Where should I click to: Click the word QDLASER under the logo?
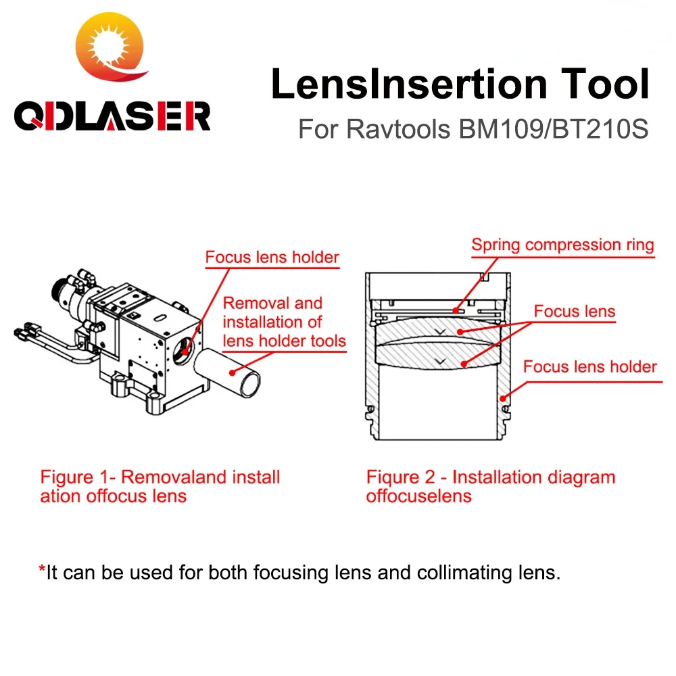click(112, 116)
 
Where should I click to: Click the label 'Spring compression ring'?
click(562, 245)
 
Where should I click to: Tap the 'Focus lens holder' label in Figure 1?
click(272, 257)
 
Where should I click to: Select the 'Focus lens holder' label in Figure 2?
click(589, 367)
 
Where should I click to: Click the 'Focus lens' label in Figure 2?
click(575, 311)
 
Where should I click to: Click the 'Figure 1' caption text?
click(160, 486)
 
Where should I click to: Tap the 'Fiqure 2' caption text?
click(490, 486)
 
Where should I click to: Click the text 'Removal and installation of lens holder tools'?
click(284, 322)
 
